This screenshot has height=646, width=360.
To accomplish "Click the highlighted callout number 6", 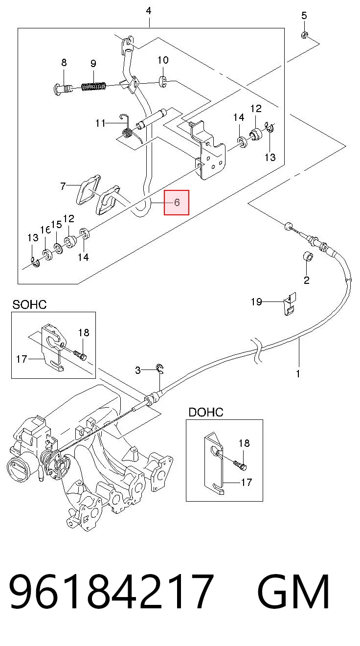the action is tap(177, 203).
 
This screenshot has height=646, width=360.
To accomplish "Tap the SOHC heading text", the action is tap(29, 304).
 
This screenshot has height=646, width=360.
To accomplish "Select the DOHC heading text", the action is tap(206, 412).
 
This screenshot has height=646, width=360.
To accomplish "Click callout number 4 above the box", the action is tap(148, 11).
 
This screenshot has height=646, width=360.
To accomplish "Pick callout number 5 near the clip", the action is tap(304, 16).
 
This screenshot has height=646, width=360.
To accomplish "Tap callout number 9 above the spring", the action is tap(93, 64).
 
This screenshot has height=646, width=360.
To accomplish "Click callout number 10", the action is tap(163, 60).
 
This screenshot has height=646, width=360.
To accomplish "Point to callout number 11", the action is tap(100, 123).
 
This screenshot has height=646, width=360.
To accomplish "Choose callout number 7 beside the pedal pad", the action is tap(63, 186).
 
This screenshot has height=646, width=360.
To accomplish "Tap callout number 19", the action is tap(256, 301).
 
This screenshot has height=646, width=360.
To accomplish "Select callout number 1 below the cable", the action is tap(298, 374).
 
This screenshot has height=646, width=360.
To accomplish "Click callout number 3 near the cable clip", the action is tap(138, 370).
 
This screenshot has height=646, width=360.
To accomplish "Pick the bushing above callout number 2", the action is tap(309, 256).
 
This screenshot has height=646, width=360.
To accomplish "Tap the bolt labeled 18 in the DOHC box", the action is tap(240, 465).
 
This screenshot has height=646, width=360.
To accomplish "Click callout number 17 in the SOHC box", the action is tap(22, 359).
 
